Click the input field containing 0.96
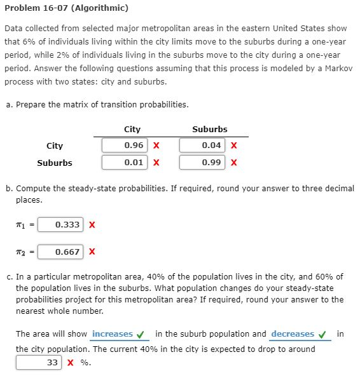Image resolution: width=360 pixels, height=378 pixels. (x=125, y=145)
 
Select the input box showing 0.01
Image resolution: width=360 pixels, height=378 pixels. (x=125, y=163)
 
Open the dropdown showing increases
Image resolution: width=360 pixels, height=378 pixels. (x=113, y=334)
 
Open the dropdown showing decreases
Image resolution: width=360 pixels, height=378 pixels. (x=293, y=334)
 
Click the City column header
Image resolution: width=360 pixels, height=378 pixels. (x=132, y=129)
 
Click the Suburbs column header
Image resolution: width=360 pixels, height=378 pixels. (x=209, y=129)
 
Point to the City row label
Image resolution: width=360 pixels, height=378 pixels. (x=55, y=145)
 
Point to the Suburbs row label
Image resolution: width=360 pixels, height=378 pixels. (x=55, y=163)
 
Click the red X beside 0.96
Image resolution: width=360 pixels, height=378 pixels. (x=156, y=145)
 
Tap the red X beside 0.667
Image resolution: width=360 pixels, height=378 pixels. (x=92, y=252)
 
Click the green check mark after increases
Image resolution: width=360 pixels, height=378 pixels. (x=141, y=334)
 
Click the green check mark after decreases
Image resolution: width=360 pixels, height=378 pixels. (x=322, y=334)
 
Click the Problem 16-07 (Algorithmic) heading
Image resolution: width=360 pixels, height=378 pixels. (x=66, y=8)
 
